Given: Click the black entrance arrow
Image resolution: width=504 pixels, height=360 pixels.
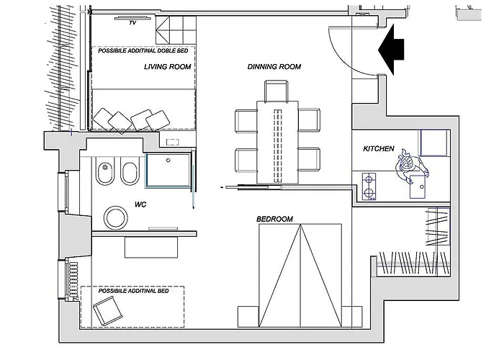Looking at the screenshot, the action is (391, 50).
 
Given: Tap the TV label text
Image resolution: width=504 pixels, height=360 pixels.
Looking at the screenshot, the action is (132, 23).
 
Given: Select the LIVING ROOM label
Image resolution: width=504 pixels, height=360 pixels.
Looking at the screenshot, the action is (168, 67).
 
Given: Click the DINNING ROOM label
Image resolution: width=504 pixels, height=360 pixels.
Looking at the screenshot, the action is (274, 67).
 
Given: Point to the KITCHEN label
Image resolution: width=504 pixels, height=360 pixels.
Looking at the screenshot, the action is (379, 149).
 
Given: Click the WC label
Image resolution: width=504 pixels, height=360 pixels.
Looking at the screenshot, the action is (140, 204).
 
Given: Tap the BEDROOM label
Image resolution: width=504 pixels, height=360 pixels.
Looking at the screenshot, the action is (274, 219).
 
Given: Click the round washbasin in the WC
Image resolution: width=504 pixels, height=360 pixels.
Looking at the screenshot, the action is (115, 218).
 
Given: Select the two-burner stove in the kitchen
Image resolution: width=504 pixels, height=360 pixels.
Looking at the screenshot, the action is (369, 186).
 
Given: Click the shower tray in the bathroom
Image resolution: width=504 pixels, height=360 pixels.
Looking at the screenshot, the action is (168, 170).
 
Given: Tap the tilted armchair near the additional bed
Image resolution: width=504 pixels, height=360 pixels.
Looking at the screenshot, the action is (108, 311).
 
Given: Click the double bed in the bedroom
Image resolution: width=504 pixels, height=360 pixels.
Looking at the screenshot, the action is (300, 276).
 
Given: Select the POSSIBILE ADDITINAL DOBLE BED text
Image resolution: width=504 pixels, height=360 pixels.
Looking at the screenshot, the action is (143, 51).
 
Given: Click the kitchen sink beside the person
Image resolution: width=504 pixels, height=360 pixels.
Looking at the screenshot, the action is (419, 187).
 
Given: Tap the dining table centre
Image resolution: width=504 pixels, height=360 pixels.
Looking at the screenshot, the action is (277, 143).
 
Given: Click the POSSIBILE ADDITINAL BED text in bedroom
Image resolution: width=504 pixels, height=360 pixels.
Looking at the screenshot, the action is (133, 291).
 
